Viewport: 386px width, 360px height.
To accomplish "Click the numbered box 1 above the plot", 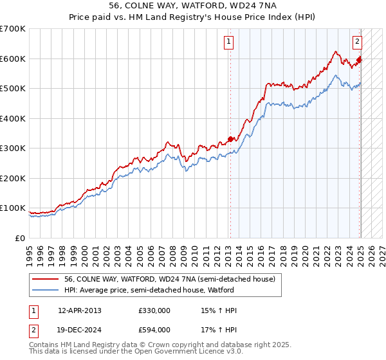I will coord(229,42).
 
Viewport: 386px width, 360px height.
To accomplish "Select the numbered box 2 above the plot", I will coord(357,42).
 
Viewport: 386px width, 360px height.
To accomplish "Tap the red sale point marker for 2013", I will coord(230,139).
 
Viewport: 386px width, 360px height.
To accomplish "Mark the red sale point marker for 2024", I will coord(360,60).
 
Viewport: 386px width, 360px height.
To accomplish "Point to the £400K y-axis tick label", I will coord(13,118).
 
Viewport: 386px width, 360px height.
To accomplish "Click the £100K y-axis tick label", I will coord(13,208).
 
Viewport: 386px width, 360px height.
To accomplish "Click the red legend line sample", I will coord(46,279).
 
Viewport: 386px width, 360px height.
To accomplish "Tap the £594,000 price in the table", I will coord(154,330).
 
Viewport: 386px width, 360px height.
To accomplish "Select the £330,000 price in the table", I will coord(154,310).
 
